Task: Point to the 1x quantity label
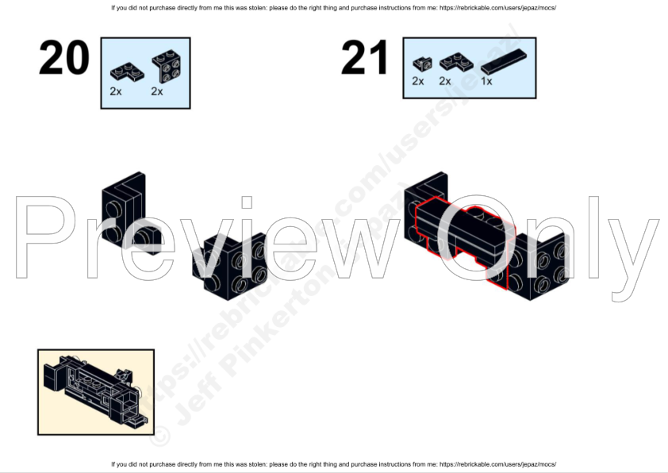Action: coord(486,81)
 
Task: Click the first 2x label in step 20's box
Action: coord(116,91)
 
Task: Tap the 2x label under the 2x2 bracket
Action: coord(157,91)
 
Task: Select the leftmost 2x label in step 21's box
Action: coord(418,81)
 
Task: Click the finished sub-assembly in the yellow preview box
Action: coord(95,390)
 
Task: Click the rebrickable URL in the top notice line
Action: coord(497,8)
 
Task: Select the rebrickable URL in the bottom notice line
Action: coord(497,464)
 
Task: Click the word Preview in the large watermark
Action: coord(182,238)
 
